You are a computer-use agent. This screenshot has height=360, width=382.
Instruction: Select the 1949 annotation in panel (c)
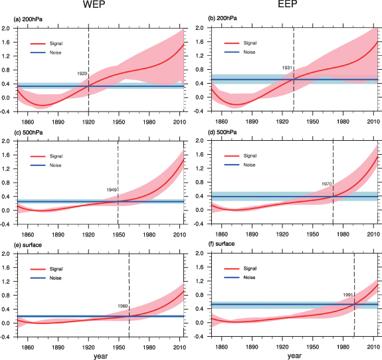(112, 189)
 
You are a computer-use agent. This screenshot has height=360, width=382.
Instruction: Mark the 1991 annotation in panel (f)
(347, 295)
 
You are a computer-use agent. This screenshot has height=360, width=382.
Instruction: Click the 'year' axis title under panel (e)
(101, 355)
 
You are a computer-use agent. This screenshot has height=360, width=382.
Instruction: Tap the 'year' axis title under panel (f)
(293, 355)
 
